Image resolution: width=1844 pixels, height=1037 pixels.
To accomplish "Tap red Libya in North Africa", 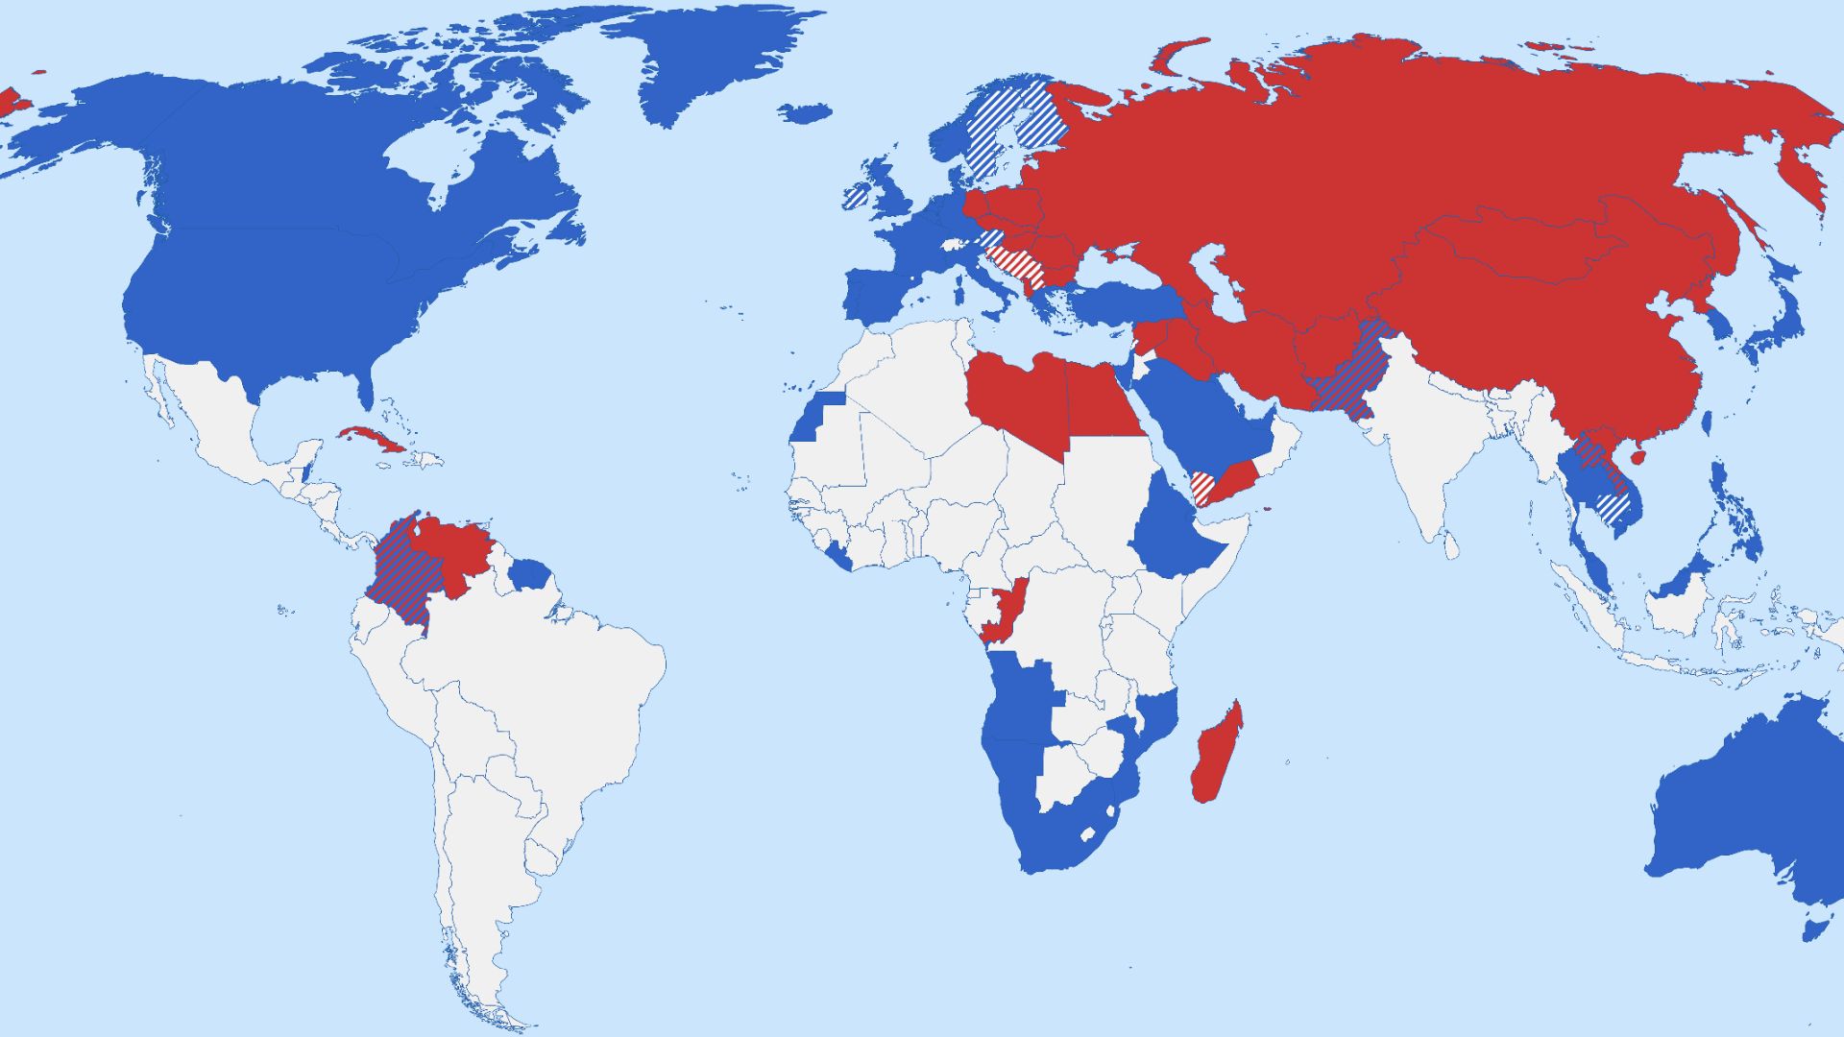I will click(1018, 398).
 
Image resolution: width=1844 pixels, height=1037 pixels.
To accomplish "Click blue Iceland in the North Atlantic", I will click(805, 113).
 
